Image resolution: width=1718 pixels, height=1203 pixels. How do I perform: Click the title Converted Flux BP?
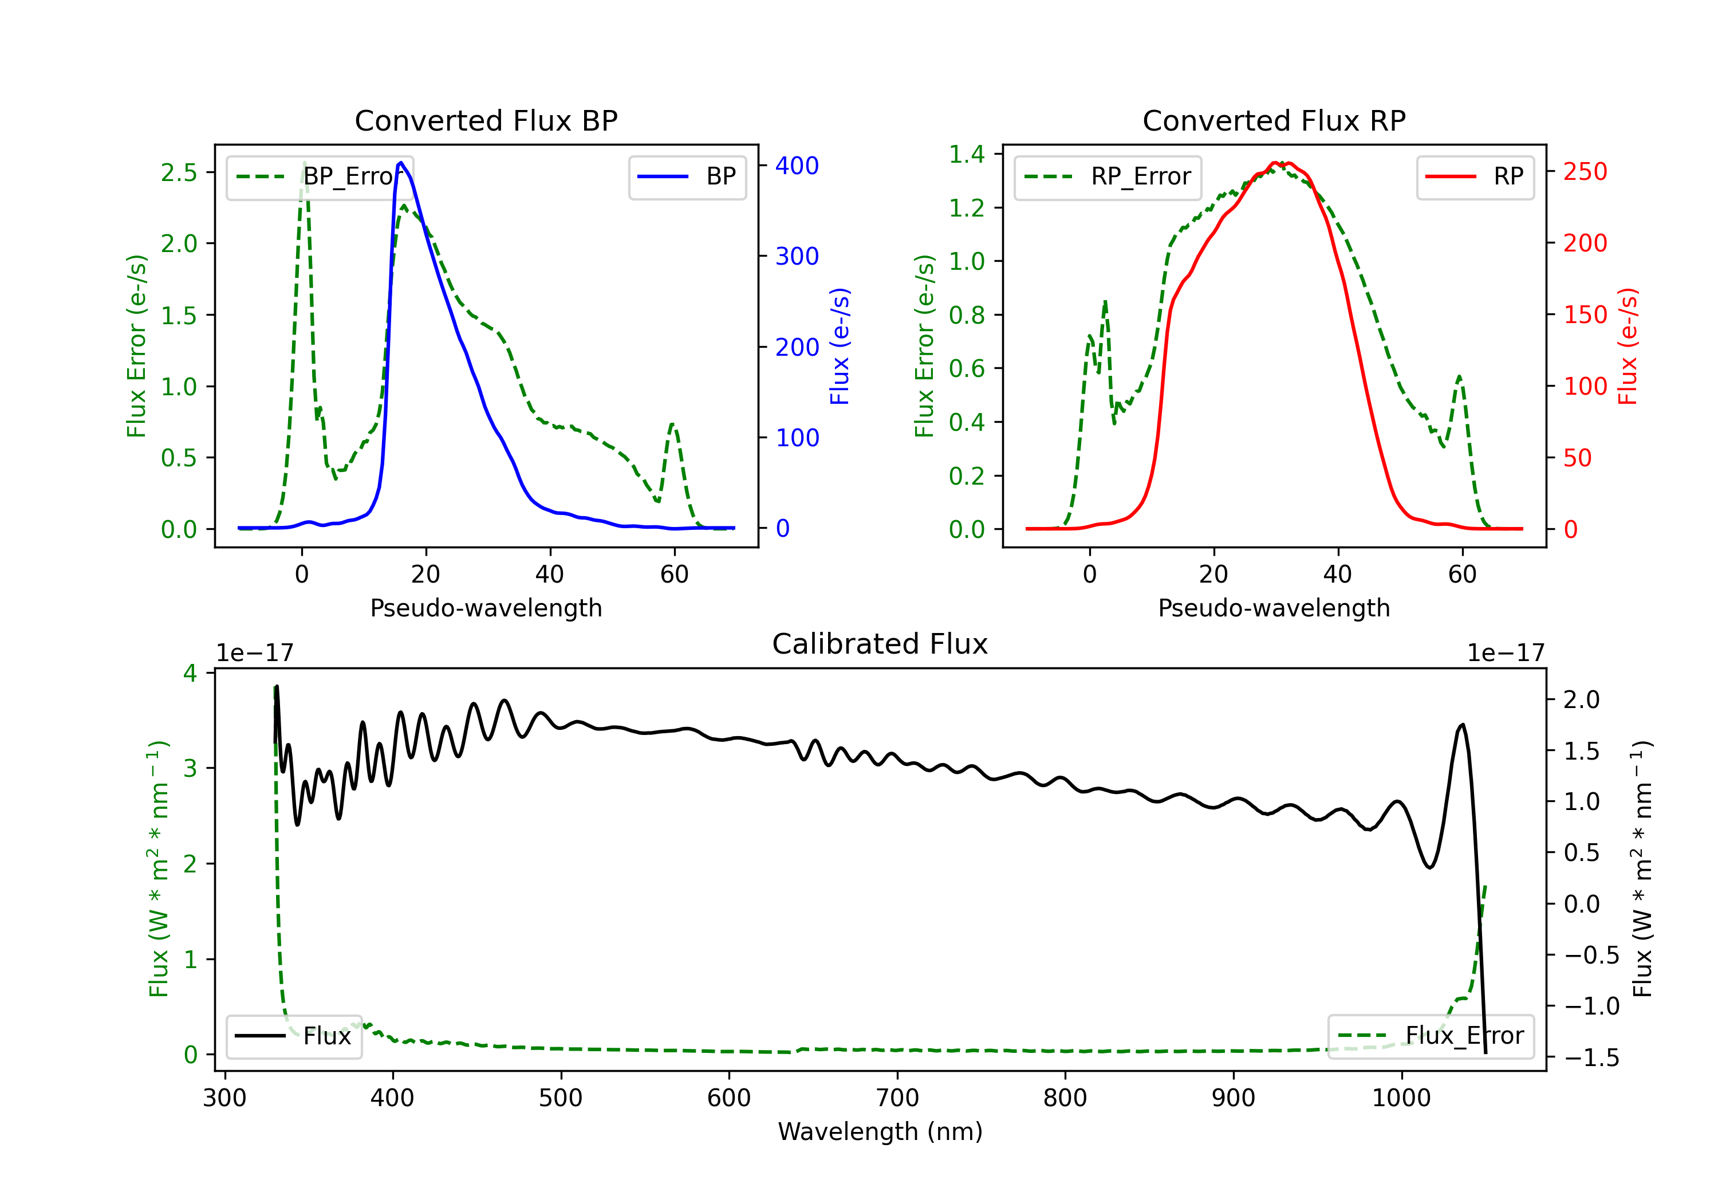[x=486, y=120]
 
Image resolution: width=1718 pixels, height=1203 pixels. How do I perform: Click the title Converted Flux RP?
[x=1274, y=120]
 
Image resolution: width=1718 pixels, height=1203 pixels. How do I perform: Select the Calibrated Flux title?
[x=880, y=644]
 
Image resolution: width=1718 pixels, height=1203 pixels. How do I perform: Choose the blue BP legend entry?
[x=687, y=176]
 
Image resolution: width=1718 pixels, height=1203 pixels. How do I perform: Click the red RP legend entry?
[x=1475, y=176]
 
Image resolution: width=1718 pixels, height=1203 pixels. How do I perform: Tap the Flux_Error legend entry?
[x=1431, y=1036]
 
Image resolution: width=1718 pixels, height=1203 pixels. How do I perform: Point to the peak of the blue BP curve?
[x=401, y=163]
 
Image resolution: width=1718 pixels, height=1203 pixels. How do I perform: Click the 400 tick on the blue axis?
[x=797, y=166]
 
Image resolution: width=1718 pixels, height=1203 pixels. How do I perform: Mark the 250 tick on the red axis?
[x=1585, y=171]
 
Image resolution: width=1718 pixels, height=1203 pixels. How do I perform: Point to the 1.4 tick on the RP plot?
[x=967, y=154]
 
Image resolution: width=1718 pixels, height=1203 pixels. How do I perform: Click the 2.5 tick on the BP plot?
[x=179, y=172]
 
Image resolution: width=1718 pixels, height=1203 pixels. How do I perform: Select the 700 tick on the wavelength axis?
[x=897, y=1098]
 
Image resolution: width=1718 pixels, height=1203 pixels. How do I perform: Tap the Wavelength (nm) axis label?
[x=880, y=1132]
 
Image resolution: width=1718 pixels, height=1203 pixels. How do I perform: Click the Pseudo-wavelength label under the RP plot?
[x=1274, y=608]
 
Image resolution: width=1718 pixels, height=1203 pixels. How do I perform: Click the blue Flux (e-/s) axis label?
[x=840, y=347]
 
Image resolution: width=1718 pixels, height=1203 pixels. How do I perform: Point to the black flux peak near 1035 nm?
[x=1463, y=725]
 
